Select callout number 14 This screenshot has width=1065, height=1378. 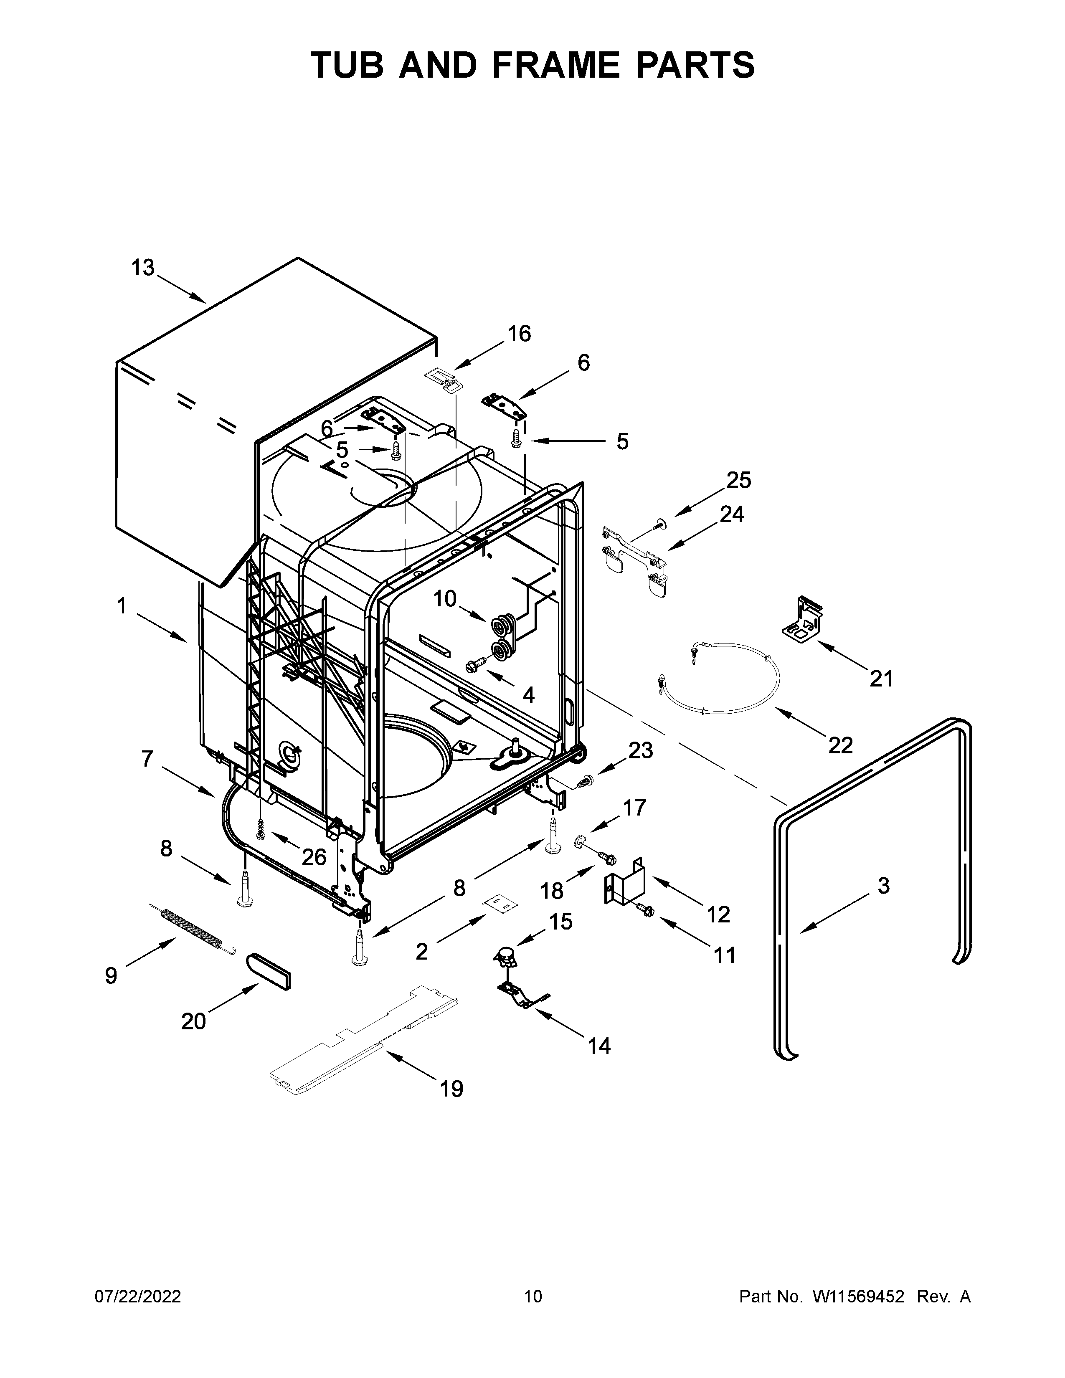[x=599, y=1046]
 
